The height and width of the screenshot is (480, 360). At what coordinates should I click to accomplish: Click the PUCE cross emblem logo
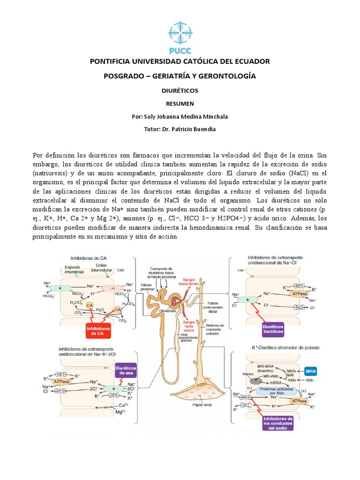coord(180,31)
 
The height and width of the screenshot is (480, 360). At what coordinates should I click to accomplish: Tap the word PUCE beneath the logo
coord(180,51)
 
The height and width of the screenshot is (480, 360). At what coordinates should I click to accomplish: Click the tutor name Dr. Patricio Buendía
coord(193,129)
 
